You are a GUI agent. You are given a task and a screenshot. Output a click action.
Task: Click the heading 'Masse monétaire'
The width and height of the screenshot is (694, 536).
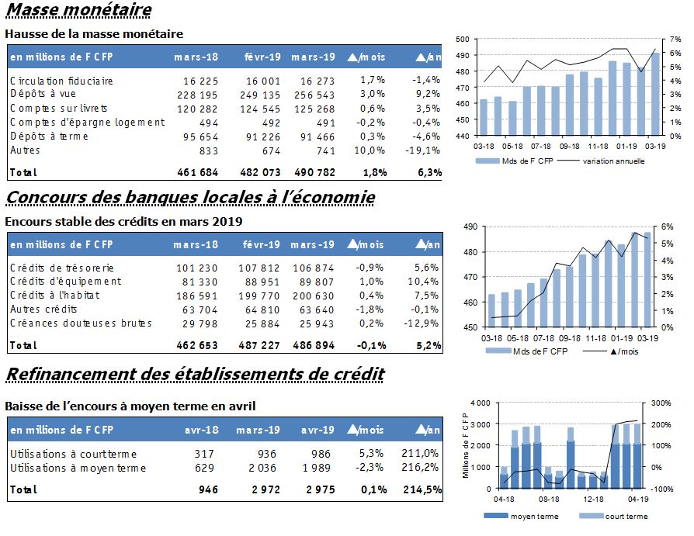tap(78, 10)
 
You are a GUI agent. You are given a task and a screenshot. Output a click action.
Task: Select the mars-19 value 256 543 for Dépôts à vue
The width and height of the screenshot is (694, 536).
tap(314, 95)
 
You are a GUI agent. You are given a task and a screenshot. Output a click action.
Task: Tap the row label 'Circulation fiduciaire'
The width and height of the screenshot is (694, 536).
tap(61, 81)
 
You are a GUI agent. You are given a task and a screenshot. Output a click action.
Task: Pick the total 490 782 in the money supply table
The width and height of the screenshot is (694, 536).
tap(314, 172)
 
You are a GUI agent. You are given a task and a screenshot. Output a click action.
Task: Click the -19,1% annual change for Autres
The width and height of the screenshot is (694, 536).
tap(422, 150)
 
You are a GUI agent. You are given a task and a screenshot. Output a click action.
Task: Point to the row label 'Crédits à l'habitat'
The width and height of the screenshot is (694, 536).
tap(55, 295)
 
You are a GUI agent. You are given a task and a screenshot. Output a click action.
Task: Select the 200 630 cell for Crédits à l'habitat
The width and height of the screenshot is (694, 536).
tap(314, 296)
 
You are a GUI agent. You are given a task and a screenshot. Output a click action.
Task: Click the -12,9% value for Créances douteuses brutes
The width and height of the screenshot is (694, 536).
tap(422, 323)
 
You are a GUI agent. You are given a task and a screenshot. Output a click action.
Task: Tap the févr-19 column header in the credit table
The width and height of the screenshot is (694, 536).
tap(261, 244)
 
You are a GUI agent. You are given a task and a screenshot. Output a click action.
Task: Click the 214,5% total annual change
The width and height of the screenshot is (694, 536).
tap(422, 489)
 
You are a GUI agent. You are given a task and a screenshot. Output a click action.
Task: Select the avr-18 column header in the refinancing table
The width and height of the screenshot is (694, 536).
tap(201, 430)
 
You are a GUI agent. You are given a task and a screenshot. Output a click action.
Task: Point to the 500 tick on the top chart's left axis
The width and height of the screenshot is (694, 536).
tap(463, 40)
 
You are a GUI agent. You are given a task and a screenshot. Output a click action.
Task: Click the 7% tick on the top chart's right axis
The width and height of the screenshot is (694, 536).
tap(675, 40)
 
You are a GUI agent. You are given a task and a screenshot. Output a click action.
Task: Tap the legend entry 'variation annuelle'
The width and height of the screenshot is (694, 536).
tap(613, 161)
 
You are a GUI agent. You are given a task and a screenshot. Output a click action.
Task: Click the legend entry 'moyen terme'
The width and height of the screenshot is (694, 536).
tap(534, 516)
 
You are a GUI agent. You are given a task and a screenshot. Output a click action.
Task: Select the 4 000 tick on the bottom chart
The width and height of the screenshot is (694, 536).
tap(481, 403)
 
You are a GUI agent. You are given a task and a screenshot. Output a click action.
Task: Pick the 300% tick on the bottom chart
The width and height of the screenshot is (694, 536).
tap(661, 403)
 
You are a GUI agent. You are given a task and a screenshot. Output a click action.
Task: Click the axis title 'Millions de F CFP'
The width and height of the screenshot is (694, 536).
tap(465, 445)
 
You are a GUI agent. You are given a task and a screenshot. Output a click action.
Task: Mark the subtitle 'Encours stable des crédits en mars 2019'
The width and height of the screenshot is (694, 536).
tap(123, 222)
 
